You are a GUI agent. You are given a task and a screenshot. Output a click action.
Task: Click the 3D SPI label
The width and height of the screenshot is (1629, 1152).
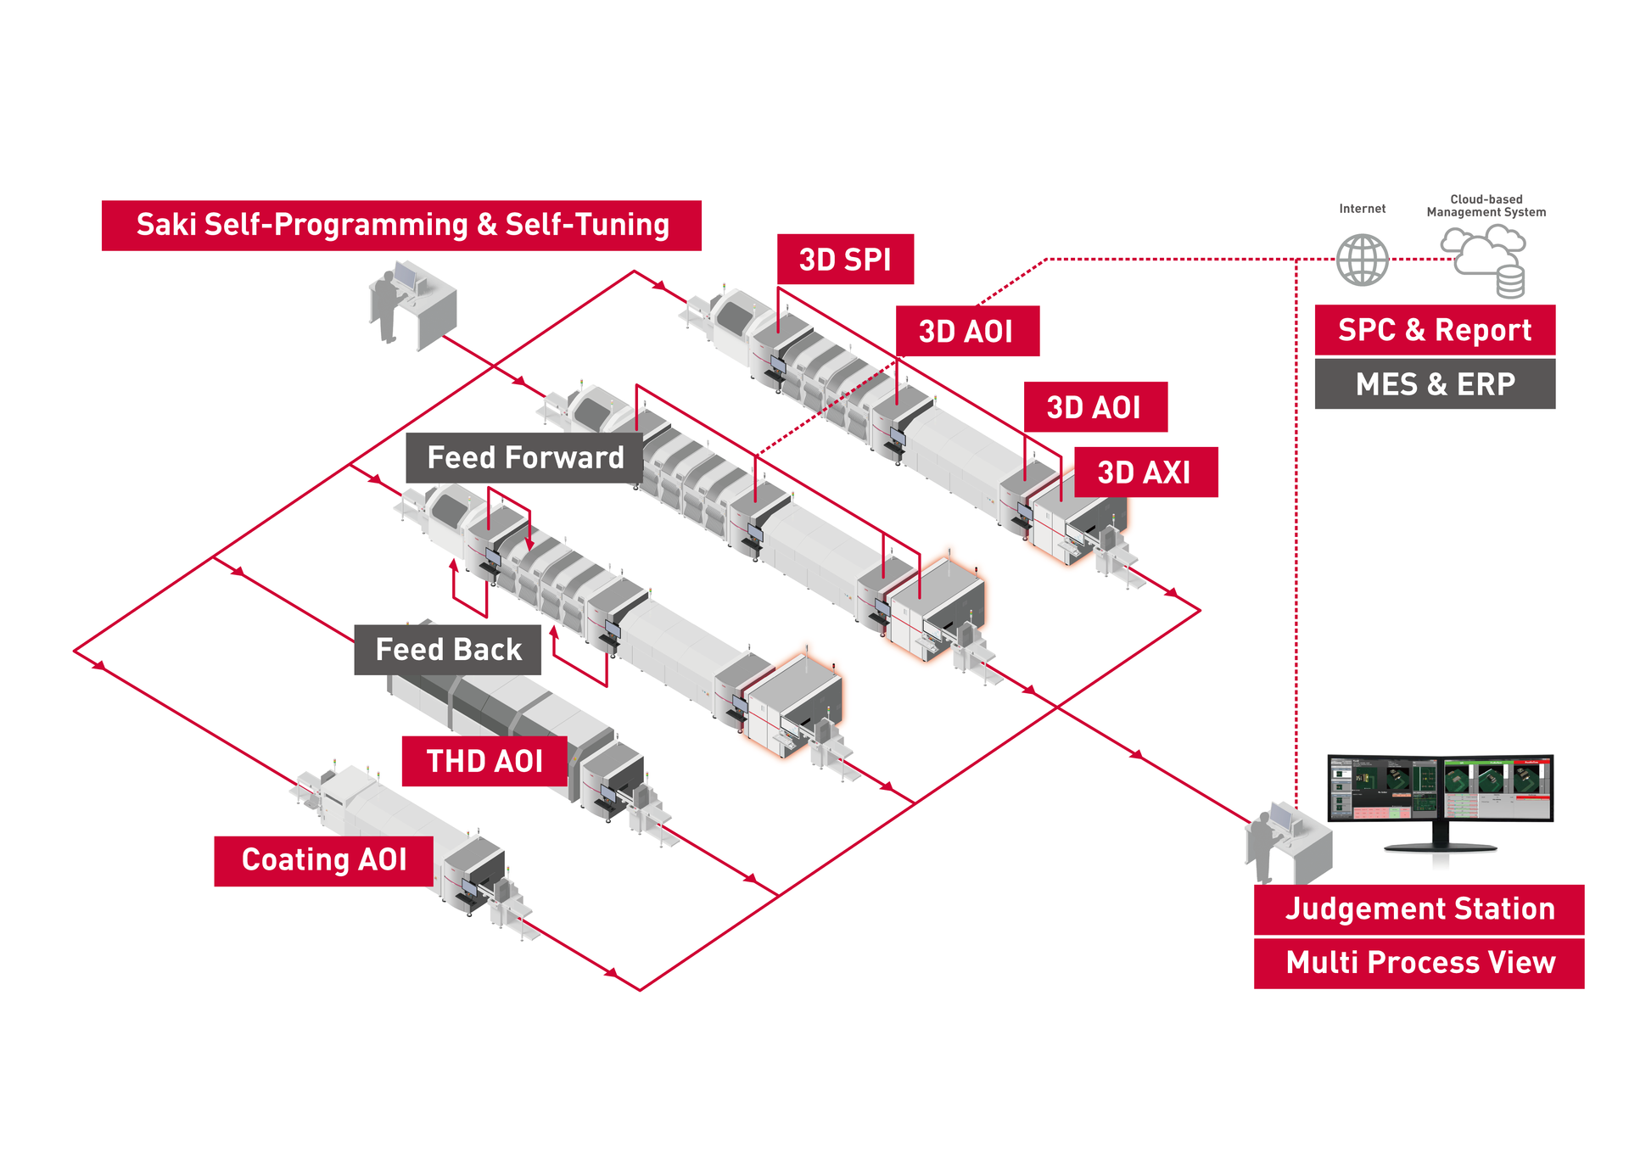coord(845,260)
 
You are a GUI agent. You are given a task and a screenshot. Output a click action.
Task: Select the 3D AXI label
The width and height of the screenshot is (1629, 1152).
coord(1145,473)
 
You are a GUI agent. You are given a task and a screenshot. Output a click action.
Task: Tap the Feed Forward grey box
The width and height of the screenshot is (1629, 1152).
coord(524,458)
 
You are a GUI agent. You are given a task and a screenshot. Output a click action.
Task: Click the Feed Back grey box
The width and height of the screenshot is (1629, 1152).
coord(448,650)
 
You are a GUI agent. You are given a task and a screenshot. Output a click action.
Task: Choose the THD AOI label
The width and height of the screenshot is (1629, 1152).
coord(484,761)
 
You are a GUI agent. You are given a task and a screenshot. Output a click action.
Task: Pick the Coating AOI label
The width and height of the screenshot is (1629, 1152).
coord(324,860)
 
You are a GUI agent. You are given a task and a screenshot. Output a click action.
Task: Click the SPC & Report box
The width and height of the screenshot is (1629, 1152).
coord(1435,330)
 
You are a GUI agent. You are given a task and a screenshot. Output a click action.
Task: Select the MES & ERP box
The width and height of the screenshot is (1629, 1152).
coord(1435,384)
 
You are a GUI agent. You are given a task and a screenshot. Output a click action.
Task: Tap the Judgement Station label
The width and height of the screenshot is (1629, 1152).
coord(1419,909)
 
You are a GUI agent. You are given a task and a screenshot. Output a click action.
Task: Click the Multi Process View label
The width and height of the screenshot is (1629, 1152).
coord(1419,963)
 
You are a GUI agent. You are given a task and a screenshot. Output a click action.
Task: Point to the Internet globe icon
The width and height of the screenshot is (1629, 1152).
coord(1363,260)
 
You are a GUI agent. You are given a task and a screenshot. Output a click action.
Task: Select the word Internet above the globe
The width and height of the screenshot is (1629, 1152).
coord(1363,209)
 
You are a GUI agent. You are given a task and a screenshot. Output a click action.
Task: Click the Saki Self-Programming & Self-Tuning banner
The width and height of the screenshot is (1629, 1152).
coord(401,226)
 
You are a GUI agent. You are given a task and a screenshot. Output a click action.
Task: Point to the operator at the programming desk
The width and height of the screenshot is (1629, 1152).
coord(387,305)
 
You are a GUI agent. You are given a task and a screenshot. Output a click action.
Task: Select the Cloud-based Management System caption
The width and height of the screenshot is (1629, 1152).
coord(1486,206)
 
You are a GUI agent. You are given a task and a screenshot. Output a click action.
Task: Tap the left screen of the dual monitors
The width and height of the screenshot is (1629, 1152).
coord(1385,788)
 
